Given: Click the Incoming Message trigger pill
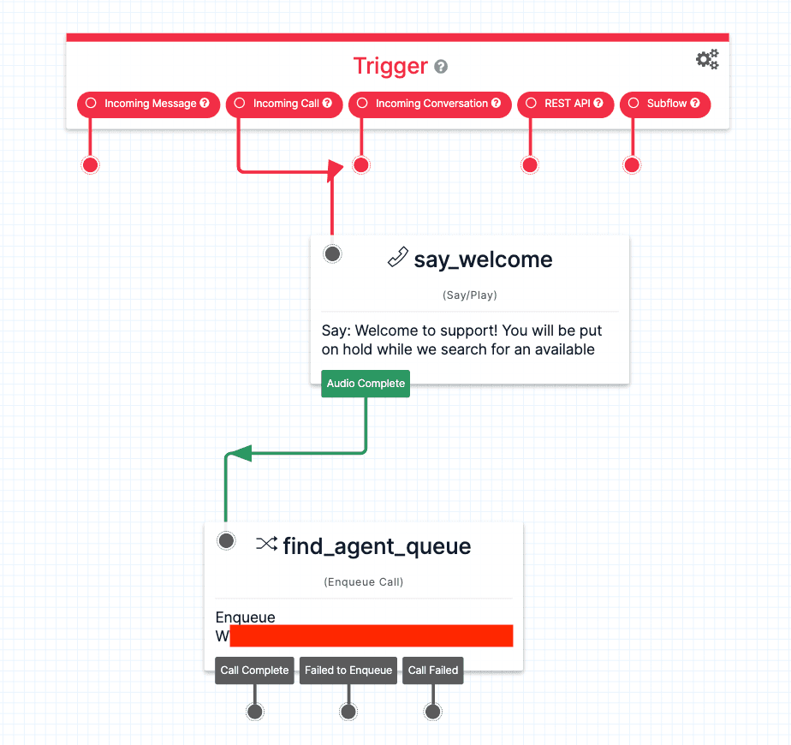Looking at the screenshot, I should point(149,104).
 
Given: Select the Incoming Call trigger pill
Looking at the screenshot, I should point(284,104).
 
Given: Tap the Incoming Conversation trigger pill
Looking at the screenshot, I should point(430,104).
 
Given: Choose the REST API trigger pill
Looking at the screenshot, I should point(566,104).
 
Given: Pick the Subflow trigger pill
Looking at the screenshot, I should point(665,104).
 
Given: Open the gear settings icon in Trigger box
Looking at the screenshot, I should point(707,59).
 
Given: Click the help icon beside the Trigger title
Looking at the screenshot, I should point(441,67).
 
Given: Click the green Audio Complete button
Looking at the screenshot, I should point(366,384).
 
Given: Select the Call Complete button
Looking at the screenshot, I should point(254,670).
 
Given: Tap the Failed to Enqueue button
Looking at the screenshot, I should point(348,670).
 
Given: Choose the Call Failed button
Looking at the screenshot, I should point(433,670).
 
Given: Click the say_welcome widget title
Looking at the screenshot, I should point(483,259).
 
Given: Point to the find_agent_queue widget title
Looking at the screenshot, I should point(377,545).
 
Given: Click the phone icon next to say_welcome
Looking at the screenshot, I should point(397,257).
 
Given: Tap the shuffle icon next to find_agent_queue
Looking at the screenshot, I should point(266,544).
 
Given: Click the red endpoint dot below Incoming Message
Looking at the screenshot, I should point(90,165).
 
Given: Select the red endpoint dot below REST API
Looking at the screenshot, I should point(530,165).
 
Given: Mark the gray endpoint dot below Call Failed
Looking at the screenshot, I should point(433,712).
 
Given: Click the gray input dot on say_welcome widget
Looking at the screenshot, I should point(333,253).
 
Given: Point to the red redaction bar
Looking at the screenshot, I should point(372,635).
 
